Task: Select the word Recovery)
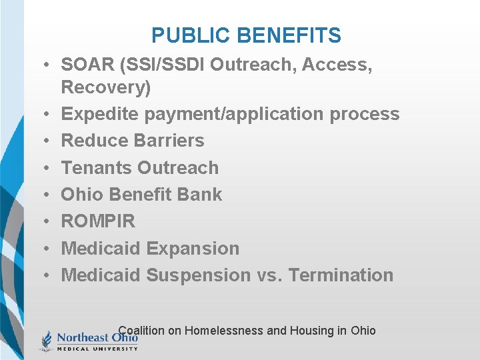click(x=106, y=87)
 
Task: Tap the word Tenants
click(x=97, y=167)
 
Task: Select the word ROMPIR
click(x=98, y=221)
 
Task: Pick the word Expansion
click(x=193, y=248)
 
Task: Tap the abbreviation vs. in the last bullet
click(x=269, y=275)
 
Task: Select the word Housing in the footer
click(x=312, y=331)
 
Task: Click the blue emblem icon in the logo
click(x=46, y=341)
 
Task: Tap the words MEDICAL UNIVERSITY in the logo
click(x=97, y=348)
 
